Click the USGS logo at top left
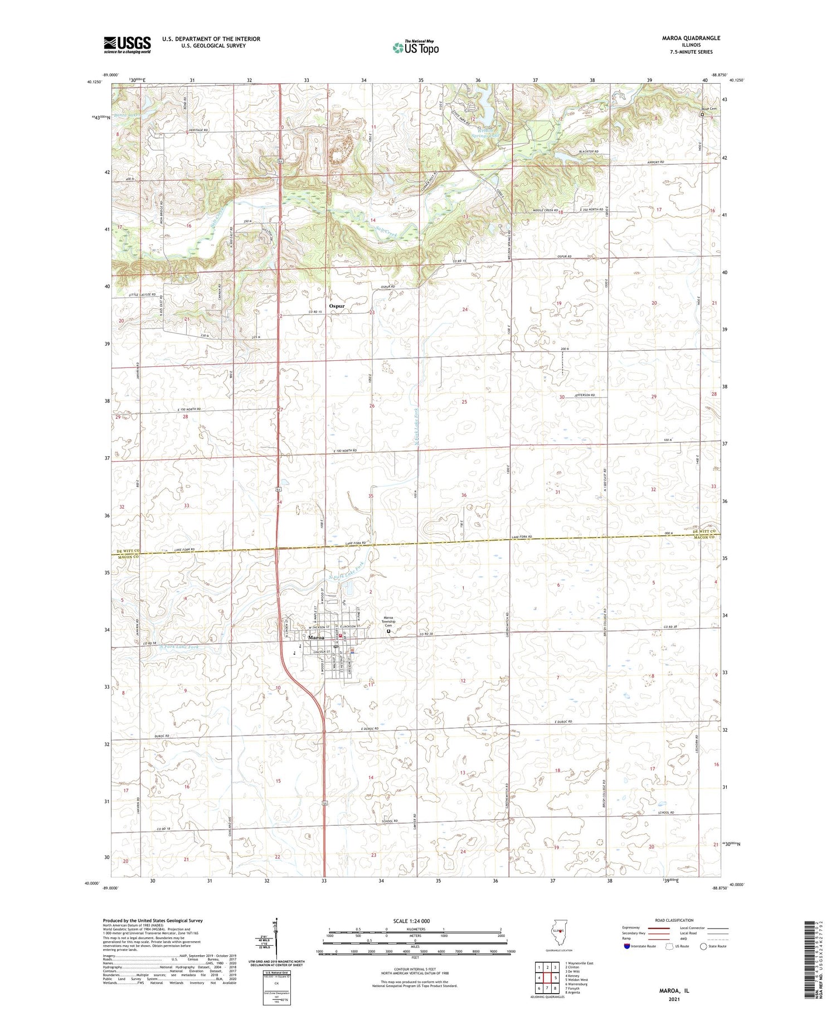pos(127,45)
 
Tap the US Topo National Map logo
pos(416,47)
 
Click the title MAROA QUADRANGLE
pos(691,38)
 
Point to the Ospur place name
pos(337,306)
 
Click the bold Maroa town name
pos(316,637)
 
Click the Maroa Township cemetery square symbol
pos(388,632)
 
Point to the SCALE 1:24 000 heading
pos(411,921)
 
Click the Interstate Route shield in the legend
pos(627,946)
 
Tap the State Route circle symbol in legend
pos(703,946)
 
